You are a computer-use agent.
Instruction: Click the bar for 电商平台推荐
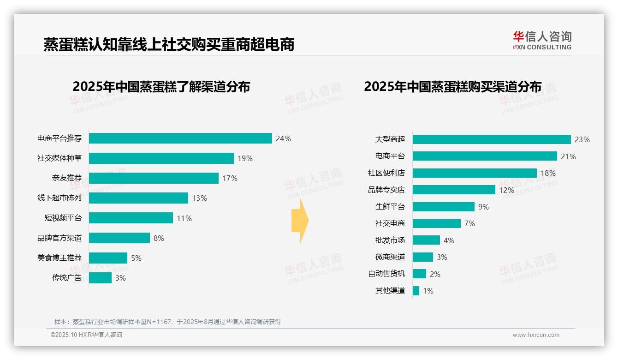pos(180,138)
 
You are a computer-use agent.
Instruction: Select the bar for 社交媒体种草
pos(161,158)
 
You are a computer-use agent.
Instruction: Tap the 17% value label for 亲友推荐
pos(230,178)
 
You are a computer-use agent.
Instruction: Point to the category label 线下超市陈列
pos(59,198)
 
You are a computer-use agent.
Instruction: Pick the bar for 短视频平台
pos(131,218)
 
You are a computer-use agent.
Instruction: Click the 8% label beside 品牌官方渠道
pos(159,238)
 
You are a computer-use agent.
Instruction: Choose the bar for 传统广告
pos(101,278)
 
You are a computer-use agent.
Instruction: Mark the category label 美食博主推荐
pos(59,258)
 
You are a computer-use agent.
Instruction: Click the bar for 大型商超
pos(492,139)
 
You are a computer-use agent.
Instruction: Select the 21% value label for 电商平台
pos(568,156)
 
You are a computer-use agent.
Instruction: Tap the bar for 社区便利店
pos(475,173)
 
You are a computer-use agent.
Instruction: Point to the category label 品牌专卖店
pos(386,190)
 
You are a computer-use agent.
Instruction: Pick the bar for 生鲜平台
pos(444,207)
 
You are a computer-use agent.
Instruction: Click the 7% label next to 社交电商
pos(469,223)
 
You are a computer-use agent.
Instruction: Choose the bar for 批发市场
pos(427,240)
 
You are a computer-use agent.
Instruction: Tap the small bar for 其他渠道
pos(416,291)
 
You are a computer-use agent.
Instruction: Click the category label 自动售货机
pos(386,274)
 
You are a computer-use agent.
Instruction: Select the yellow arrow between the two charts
pos(300,221)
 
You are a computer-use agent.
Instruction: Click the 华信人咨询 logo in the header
pos(542,41)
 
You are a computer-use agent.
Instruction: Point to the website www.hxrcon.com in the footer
pos(536,335)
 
